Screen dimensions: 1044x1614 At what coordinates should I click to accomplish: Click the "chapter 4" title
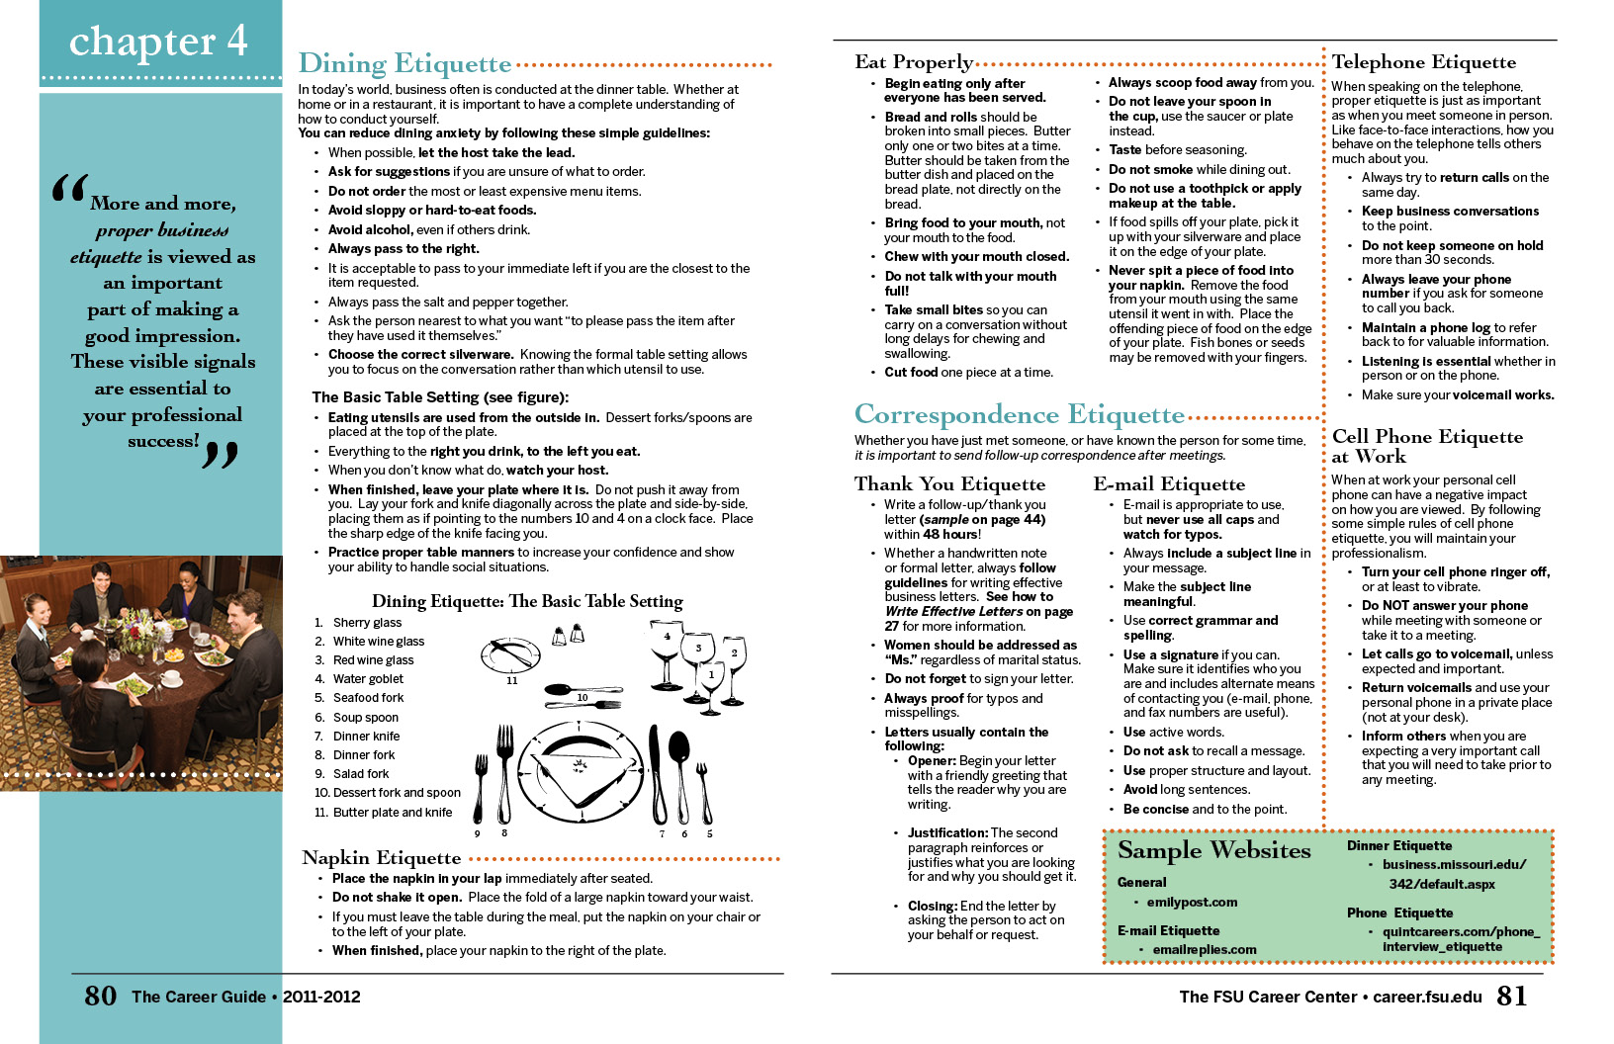[x=158, y=42]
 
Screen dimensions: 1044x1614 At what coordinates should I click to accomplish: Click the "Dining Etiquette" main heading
[x=404, y=64]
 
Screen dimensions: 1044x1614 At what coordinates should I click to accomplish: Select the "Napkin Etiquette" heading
[x=382, y=858]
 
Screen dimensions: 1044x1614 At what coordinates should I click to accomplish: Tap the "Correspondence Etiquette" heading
[x=1019, y=414]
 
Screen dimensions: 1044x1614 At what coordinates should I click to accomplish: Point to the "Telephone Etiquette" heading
[x=1423, y=62]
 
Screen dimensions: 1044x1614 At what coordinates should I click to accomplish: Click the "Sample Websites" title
[x=1213, y=850]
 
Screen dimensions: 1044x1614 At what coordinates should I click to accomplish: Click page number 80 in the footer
[x=101, y=996]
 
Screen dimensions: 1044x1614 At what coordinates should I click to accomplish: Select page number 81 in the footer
[x=1511, y=996]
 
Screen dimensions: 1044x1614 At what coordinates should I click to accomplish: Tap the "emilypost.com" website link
[x=1192, y=903]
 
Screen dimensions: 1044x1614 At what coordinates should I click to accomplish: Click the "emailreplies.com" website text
[x=1204, y=950]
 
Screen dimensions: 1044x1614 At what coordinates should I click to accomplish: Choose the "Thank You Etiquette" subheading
[x=949, y=483]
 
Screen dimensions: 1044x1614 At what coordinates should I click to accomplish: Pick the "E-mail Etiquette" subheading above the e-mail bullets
[x=1169, y=483]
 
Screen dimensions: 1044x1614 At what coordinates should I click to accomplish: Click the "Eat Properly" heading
[x=914, y=62]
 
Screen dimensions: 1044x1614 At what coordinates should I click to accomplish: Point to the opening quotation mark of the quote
[x=69, y=189]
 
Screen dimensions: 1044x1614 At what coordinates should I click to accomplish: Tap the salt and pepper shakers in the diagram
[x=568, y=635]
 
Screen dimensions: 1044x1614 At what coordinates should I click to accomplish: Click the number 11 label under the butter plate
[x=512, y=681]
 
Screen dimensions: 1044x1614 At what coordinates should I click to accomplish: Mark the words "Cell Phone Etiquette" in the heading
[x=1426, y=437]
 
